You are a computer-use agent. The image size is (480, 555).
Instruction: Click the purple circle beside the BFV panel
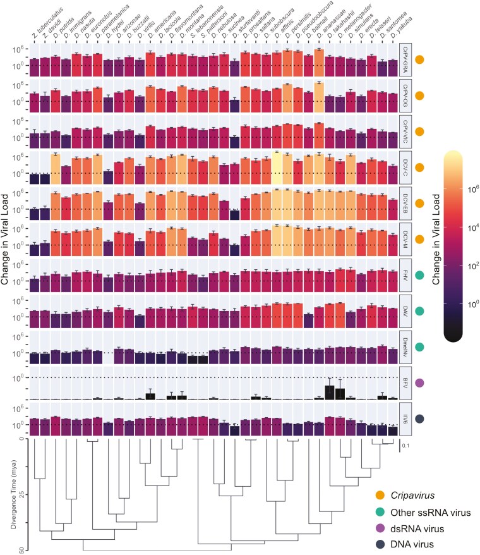click(x=419, y=382)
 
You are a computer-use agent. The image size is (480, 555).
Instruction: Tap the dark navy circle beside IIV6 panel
click(x=419, y=418)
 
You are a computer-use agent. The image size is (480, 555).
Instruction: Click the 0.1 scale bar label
click(x=408, y=446)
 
